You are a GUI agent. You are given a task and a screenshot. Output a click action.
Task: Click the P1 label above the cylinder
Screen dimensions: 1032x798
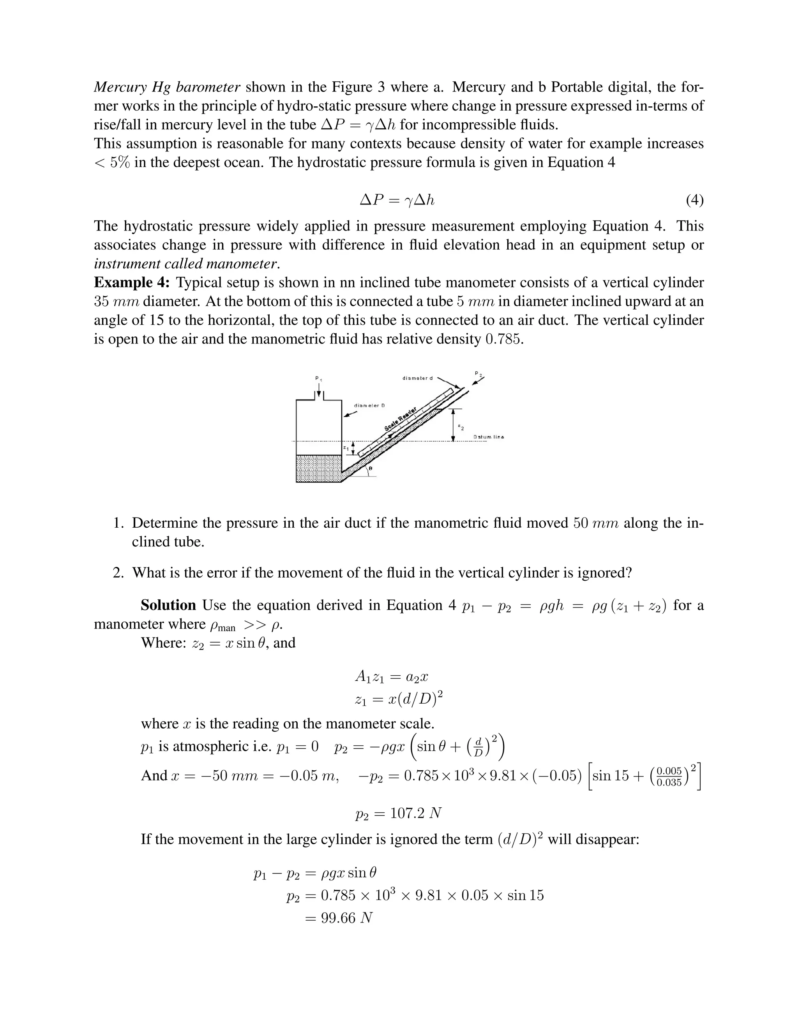pyautogui.click(x=319, y=379)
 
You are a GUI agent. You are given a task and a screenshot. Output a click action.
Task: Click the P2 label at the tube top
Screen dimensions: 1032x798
pyautogui.click(x=479, y=374)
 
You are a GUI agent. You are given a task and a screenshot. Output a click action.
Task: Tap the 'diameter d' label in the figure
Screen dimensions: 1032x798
pyautogui.click(x=417, y=378)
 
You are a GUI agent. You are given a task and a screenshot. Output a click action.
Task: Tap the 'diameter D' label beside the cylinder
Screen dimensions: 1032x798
pyautogui.click(x=369, y=405)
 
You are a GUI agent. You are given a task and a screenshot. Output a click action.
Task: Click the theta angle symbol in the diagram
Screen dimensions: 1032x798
pyautogui.click(x=370, y=468)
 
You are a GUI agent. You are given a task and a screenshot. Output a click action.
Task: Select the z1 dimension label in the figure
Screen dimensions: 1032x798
pyautogui.click(x=346, y=447)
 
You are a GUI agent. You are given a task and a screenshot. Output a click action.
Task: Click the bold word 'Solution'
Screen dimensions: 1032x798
pyautogui.click(x=168, y=605)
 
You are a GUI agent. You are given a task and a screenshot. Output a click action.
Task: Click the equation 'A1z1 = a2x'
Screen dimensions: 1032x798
pyautogui.click(x=392, y=677)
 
